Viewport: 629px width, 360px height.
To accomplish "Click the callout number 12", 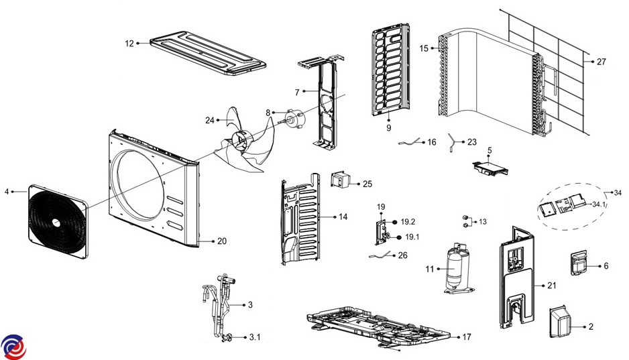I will pos(129,44).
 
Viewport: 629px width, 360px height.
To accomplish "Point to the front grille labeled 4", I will pos(57,221).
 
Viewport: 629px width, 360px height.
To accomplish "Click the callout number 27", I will pos(601,62).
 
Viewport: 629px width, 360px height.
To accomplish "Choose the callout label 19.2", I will pos(408,221).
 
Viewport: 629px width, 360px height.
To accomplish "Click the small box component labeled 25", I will pos(342,182).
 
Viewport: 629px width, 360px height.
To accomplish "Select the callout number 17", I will pos(467,336).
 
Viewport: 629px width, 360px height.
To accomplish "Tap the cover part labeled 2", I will pos(561,324).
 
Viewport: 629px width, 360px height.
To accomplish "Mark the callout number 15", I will pos(423,48).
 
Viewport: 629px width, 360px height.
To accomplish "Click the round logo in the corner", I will pos(13,346).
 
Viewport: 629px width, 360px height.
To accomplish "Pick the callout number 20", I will pos(222,241).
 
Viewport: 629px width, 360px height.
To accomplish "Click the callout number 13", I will pos(483,221).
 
